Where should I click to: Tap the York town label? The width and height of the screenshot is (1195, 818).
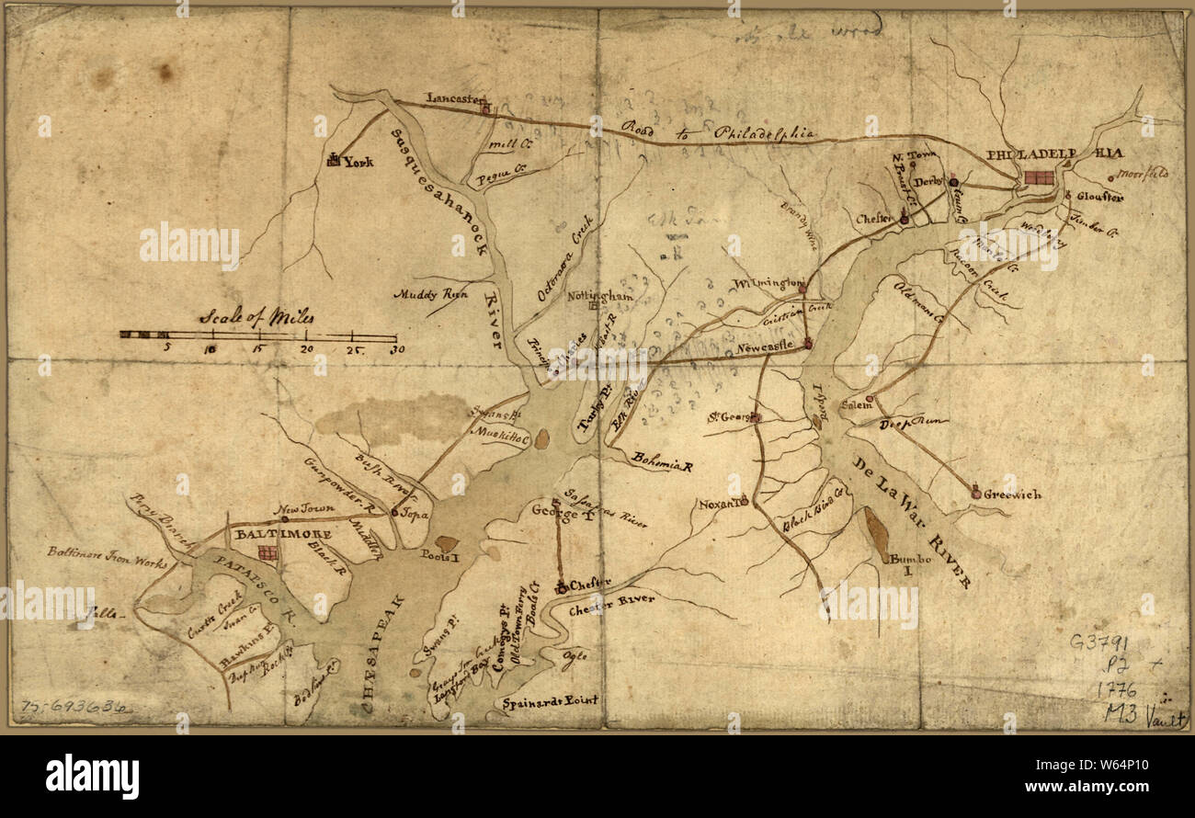358,162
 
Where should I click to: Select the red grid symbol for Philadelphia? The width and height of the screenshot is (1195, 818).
1040,177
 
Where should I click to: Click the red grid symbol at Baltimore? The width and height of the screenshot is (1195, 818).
267,552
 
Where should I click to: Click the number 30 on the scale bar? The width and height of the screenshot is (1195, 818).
397,349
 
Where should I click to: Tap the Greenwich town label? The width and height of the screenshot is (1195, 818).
1012,494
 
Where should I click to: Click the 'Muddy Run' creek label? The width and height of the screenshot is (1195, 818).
431,295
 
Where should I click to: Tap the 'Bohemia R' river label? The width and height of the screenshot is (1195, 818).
660,460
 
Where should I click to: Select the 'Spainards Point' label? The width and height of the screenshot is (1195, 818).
550,700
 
